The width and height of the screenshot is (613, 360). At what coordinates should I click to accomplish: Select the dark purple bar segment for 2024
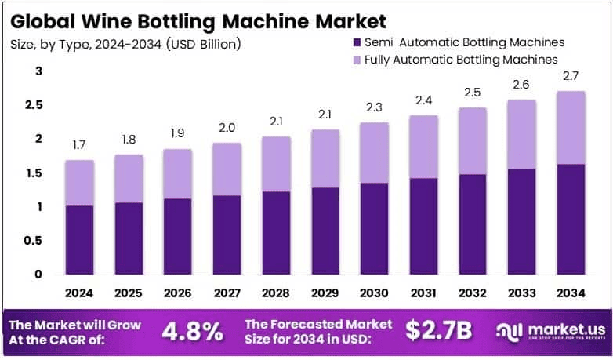pyautogui.click(x=80, y=239)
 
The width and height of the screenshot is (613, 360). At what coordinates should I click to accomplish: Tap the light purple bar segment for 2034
pyautogui.click(x=571, y=127)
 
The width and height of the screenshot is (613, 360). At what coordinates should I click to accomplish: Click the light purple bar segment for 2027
pyautogui.click(x=227, y=169)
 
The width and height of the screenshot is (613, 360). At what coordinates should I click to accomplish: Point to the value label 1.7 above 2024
pyautogui.click(x=80, y=146)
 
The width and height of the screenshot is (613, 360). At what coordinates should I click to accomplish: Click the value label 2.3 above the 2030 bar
pyautogui.click(x=374, y=108)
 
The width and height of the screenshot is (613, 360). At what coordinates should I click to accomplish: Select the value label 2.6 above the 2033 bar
pyautogui.click(x=521, y=85)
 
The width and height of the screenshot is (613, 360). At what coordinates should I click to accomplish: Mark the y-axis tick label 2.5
pyautogui.click(x=33, y=105)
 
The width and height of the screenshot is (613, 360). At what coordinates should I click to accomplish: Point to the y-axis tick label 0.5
pyautogui.click(x=33, y=241)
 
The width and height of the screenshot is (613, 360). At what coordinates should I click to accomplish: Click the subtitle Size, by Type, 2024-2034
pyautogui.click(x=125, y=44)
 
